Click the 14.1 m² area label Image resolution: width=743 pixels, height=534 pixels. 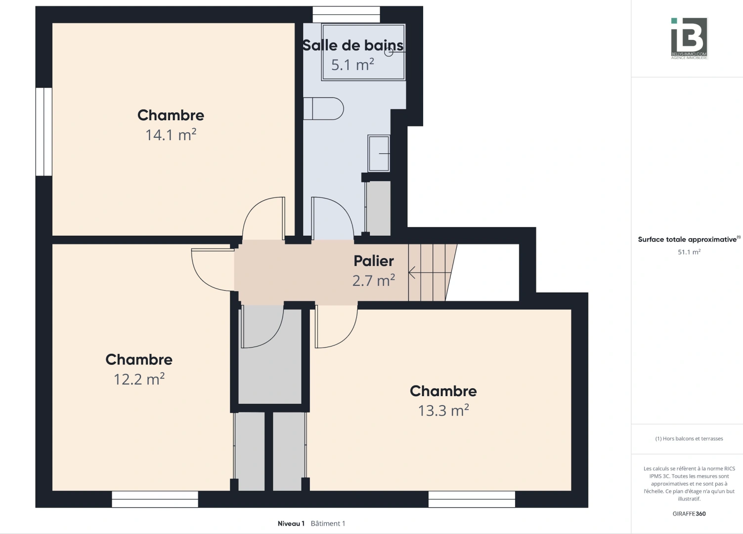tap(171, 135)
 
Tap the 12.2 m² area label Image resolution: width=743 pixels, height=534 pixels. tap(139, 379)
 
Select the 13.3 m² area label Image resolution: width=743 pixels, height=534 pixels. tap(443, 411)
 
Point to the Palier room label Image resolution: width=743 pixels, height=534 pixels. tap(374, 261)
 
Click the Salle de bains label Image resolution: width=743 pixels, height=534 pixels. tap(353, 45)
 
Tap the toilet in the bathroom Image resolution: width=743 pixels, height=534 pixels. tap(324, 109)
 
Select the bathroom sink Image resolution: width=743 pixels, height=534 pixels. tap(379, 153)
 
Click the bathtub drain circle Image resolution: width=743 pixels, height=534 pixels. tap(389, 52)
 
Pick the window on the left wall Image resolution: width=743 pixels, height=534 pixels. tap(44, 132)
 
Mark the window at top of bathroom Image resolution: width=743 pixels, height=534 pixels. tap(347, 14)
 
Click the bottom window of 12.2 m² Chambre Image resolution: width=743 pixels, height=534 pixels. tap(155, 499)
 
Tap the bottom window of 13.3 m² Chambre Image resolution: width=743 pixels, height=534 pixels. tap(472, 499)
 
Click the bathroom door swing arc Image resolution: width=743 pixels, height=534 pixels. tap(333, 218)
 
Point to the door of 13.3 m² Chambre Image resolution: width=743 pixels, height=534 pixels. tap(336, 327)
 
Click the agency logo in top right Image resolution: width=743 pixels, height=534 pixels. tap(689, 38)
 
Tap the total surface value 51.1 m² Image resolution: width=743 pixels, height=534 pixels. tap(689, 252)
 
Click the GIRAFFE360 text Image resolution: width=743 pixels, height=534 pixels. tap(689, 514)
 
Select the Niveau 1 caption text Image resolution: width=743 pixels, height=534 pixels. tap(291, 524)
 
